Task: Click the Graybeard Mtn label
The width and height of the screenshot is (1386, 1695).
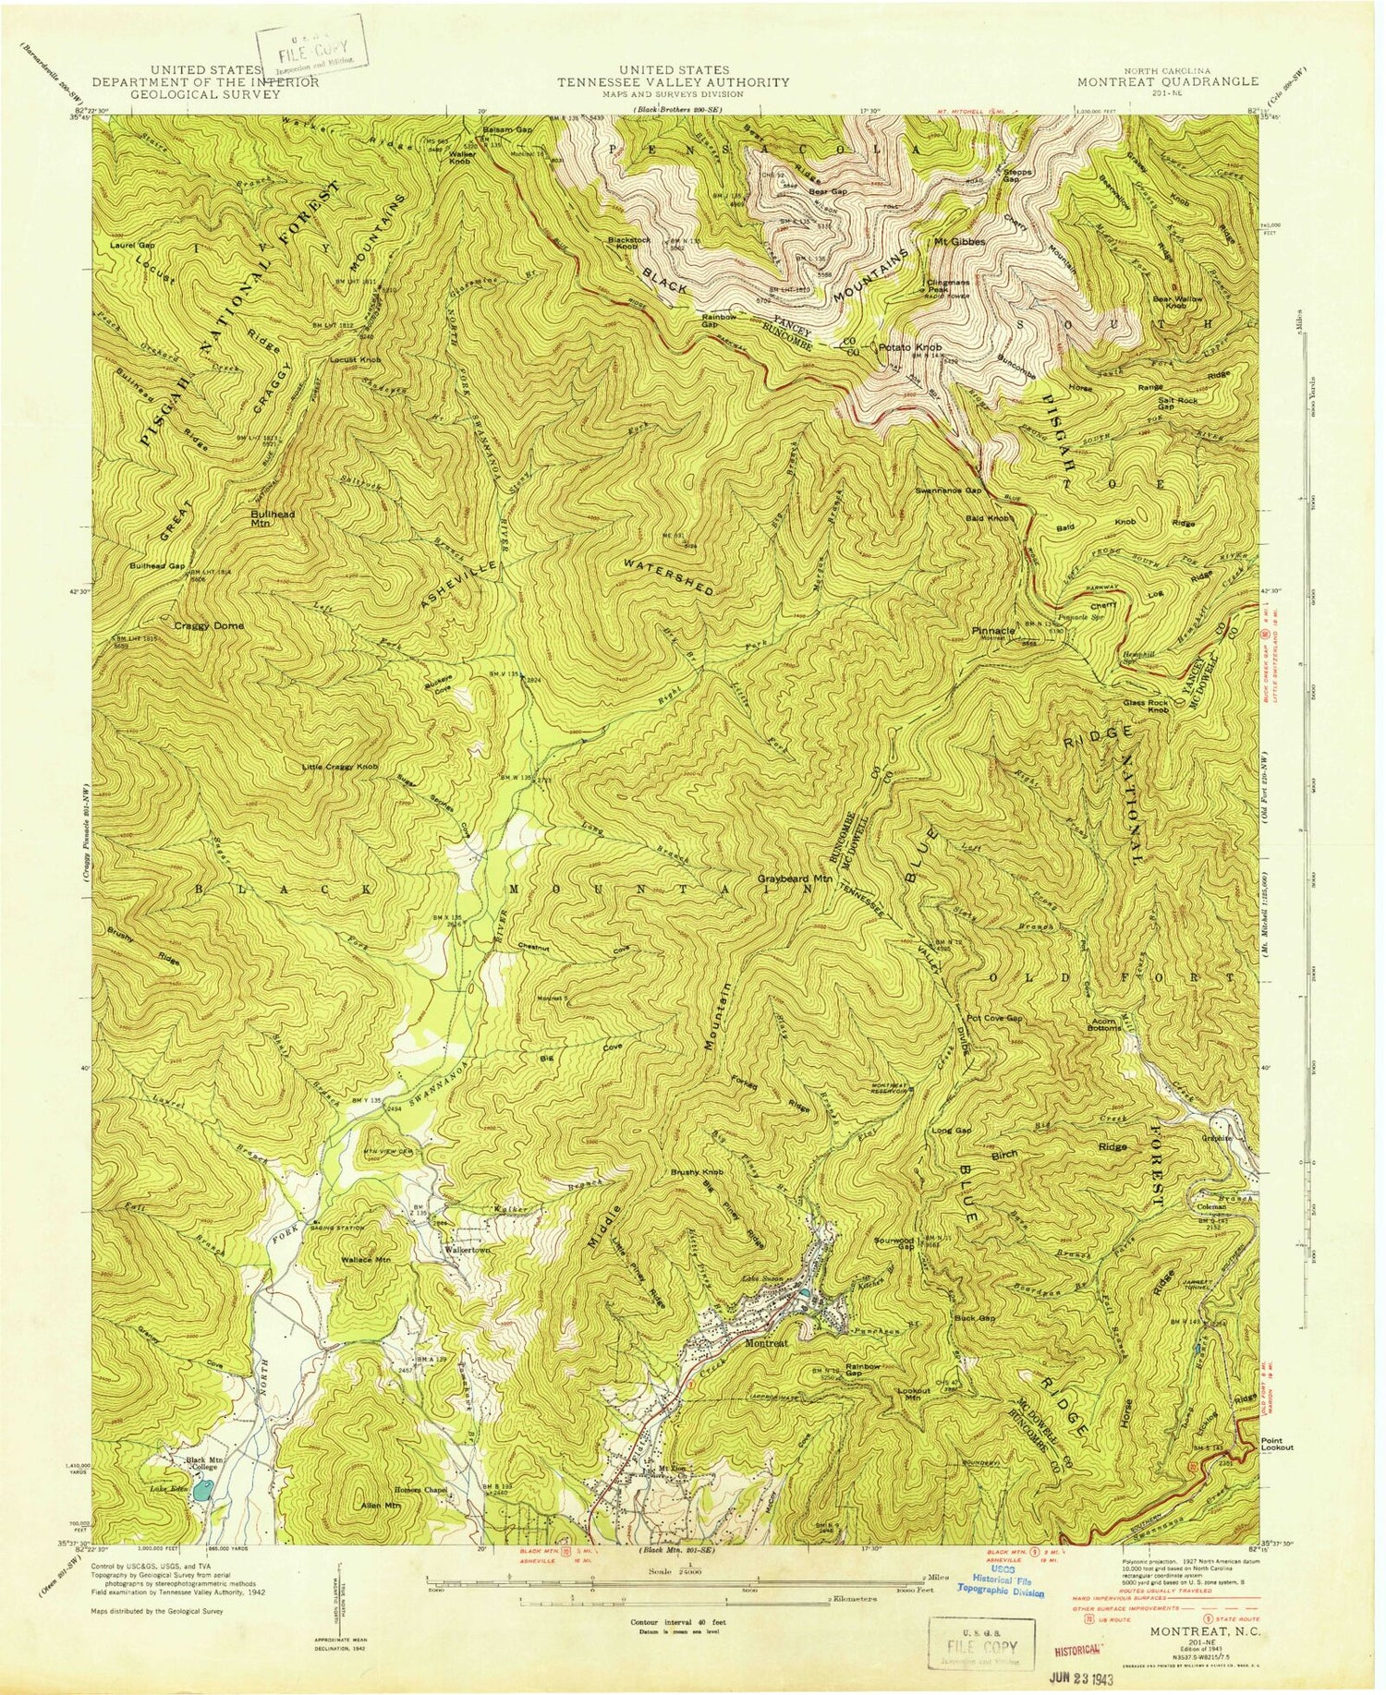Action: [792, 879]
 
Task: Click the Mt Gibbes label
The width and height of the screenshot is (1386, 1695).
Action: [959, 242]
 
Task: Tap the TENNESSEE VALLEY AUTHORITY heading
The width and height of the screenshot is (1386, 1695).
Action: [673, 81]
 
